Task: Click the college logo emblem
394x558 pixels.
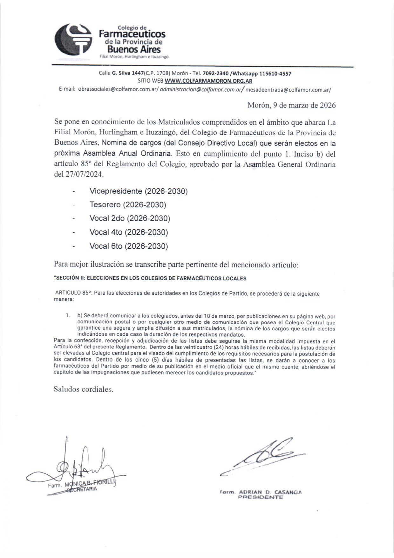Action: (73, 40)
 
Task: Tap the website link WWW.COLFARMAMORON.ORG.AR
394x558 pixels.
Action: (208, 81)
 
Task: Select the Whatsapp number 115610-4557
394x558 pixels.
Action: (275, 73)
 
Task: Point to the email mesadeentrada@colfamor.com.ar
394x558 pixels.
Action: (288, 90)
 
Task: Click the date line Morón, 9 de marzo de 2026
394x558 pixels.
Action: (291, 105)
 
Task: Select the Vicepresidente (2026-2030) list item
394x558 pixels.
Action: (139, 191)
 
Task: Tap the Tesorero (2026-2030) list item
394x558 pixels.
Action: (128, 205)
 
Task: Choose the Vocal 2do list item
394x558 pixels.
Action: (130, 218)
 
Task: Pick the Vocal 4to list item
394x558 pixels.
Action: (128, 232)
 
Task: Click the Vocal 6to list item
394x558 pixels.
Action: (128, 246)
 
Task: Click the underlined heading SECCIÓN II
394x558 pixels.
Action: (69, 278)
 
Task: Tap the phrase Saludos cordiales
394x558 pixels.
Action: (84, 389)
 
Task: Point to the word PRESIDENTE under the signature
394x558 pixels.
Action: (261, 497)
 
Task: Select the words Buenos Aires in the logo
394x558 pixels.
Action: (134, 49)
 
